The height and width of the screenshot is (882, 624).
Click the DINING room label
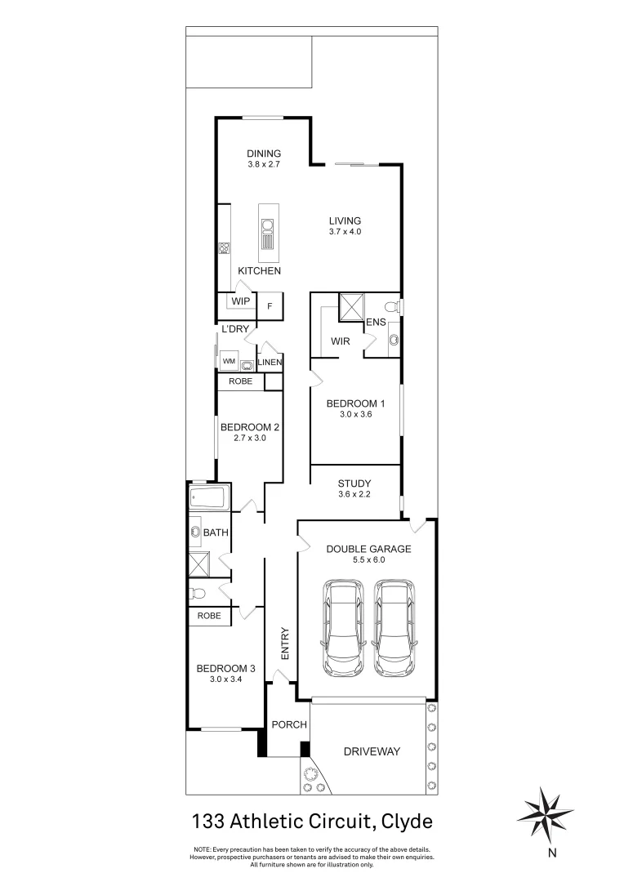click(264, 154)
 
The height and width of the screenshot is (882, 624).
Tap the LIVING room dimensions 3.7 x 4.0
click(345, 232)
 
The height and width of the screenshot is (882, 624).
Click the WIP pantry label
click(240, 301)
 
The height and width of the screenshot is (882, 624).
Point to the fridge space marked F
click(270, 308)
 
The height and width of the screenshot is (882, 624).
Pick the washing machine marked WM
click(228, 360)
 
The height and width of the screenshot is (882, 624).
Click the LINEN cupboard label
click(270, 363)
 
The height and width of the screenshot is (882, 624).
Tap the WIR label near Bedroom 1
click(341, 342)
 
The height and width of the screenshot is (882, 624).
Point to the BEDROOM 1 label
click(355, 403)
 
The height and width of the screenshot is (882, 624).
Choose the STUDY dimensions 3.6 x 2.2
click(354, 495)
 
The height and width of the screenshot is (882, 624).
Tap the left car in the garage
click(343, 627)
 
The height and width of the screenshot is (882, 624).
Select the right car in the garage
click(393, 627)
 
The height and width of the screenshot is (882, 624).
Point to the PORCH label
click(289, 724)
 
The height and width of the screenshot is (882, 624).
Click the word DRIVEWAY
click(372, 751)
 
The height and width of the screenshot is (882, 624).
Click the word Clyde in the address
click(404, 819)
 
